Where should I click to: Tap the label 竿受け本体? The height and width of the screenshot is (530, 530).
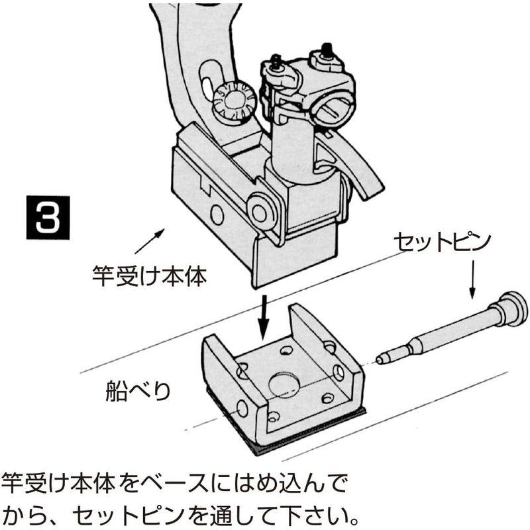pyautogui.click(x=148, y=274)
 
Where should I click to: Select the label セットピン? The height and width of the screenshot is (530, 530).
pyautogui.click(x=441, y=241)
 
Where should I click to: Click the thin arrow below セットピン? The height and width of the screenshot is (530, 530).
pyautogui.click(x=472, y=278)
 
